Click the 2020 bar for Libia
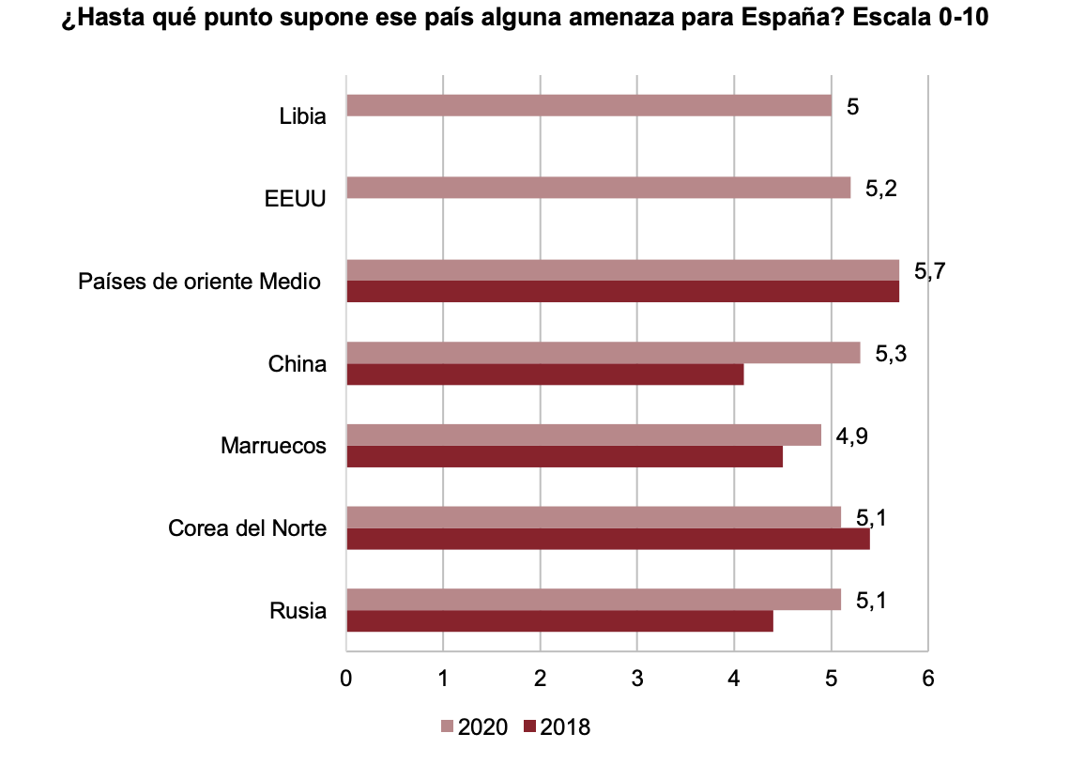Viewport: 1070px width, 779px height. (588, 105)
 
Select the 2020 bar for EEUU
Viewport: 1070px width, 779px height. (598, 188)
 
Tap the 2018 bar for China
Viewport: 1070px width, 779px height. (544, 374)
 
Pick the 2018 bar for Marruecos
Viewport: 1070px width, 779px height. (564, 457)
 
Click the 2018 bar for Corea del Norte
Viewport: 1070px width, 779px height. (607, 540)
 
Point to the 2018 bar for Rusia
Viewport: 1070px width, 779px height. (559, 621)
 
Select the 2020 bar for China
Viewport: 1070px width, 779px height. (603, 353)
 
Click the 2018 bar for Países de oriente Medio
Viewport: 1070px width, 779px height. (622, 292)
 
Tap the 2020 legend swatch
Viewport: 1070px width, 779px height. (447, 726)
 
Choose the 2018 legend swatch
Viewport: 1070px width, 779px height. (529, 726)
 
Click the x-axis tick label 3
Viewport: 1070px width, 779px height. (637, 678)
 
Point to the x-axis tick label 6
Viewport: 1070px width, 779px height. (927, 678)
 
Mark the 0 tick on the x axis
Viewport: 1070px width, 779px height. (346, 678)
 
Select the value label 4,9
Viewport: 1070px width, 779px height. (851, 436)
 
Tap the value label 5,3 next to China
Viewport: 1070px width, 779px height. (891, 355)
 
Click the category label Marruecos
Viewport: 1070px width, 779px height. (273, 446)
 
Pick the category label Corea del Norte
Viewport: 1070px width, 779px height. (247, 528)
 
